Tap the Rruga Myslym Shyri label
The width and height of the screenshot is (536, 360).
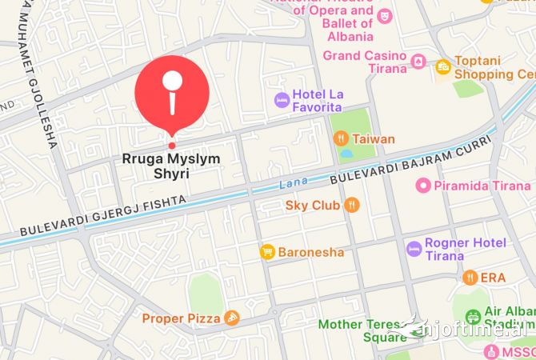click(x=170, y=166)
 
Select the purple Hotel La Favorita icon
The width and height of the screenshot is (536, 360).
click(x=282, y=100)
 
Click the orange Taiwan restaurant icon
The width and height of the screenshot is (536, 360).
click(x=340, y=138)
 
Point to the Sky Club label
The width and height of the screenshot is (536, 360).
click(x=313, y=206)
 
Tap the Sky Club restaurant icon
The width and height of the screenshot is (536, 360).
click(x=352, y=206)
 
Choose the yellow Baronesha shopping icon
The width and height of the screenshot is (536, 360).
click(x=267, y=252)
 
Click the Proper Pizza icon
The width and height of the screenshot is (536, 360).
click(x=232, y=318)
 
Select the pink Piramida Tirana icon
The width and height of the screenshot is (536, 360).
click(x=423, y=186)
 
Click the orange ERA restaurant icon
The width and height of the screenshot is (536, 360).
click(x=470, y=278)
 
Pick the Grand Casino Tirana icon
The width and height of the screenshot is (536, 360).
click(x=418, y=62)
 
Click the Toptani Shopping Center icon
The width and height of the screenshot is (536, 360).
click(x=443, y=68)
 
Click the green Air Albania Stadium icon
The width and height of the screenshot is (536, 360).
click(x=473, y=317)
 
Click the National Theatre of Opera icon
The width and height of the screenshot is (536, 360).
click(x=385, y=14)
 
